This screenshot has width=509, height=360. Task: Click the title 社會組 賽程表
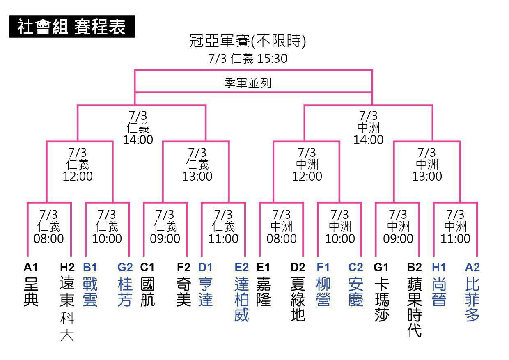pos(71,27)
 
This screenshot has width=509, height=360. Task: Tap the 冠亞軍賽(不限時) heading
pos(248,41)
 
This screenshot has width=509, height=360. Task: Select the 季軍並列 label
pos(248,83)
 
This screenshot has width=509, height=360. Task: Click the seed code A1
pos(31,267)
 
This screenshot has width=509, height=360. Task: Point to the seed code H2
pos(67,267)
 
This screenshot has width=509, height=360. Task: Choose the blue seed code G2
pos(125,267)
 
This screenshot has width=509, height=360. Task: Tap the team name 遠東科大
pos(67,309)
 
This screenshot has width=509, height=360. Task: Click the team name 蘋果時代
pos(415,307)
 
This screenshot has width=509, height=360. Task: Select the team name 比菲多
pos(472,299)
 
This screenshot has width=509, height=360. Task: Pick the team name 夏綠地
pos(298,299)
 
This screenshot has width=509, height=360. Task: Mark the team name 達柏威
pos(241,299)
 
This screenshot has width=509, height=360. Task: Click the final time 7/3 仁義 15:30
pos(248,58)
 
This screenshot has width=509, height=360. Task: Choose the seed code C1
pos(147,267)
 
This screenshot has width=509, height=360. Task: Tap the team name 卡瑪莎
pos(382,299)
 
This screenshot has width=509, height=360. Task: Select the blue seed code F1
pos(323,267)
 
